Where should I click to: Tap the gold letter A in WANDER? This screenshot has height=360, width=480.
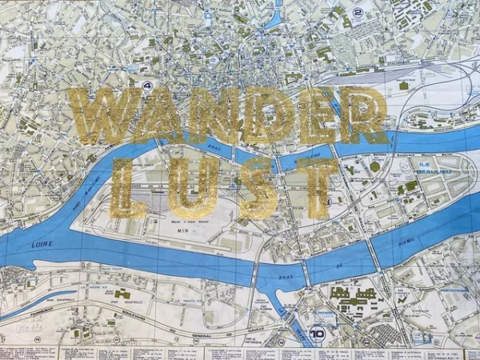[151, 117]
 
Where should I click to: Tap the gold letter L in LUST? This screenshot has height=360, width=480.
[127, 188]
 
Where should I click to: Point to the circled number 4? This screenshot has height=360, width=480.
[147, 84]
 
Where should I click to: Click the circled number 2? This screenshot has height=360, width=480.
[358, 12]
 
